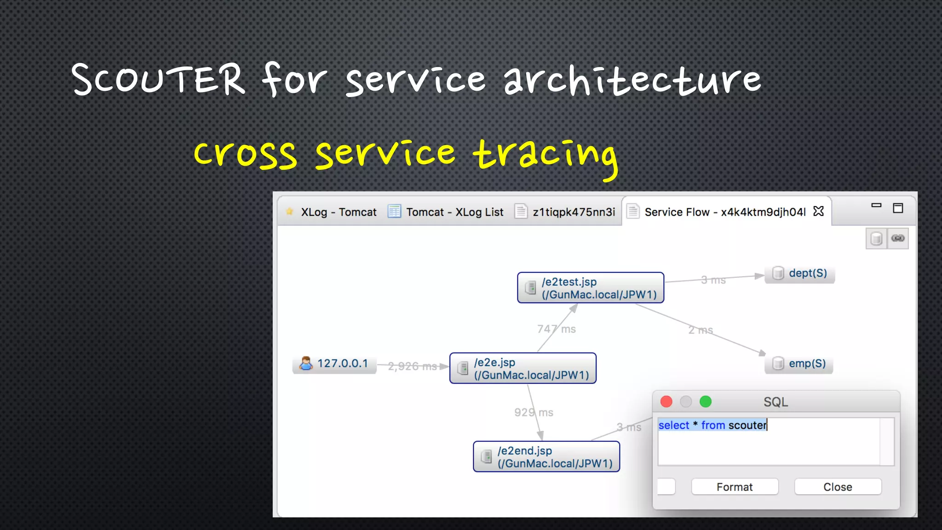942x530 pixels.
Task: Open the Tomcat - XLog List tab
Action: [454, 212]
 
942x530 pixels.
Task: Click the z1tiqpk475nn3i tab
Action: [573, 212]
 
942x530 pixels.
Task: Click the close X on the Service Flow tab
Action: [818, 211]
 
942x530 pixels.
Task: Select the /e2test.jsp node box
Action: [590, 288]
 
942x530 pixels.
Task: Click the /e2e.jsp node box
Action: [523, 369]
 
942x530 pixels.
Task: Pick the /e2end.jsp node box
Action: [546, 457]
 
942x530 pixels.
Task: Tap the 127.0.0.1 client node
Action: [334, 364]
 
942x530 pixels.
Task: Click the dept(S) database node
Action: [800, 273]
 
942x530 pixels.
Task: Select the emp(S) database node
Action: [799, 363]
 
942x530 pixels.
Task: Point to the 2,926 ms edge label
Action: [412, 366]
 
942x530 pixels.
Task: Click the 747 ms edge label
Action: [556, 329]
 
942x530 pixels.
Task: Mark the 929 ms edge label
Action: [534, 412]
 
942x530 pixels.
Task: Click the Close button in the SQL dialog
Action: [837, 487]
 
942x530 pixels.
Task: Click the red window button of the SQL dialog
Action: [666, 402]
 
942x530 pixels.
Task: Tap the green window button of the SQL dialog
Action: [705, 402]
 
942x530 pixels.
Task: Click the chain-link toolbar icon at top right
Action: [898, 238]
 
